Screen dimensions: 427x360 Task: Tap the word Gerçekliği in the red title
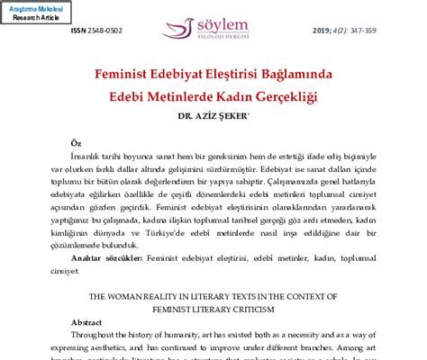tap(287, 94)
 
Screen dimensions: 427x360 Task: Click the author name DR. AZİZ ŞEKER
tap(213, 114)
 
